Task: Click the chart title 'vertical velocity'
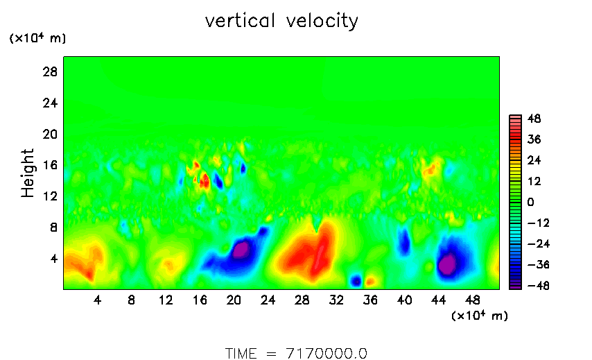281,22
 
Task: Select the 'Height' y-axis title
28,173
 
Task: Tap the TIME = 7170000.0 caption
296,353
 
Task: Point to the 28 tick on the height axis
51,72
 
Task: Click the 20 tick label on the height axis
51,134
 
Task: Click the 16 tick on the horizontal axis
200,300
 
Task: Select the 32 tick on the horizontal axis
336,300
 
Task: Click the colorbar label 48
534,119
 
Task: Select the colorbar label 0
530,202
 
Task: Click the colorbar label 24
534,160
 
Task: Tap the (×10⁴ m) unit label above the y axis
37,39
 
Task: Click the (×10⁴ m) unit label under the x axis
480,316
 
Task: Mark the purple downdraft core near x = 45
447,264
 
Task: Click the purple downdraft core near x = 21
241,249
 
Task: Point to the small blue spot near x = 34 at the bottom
356,280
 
